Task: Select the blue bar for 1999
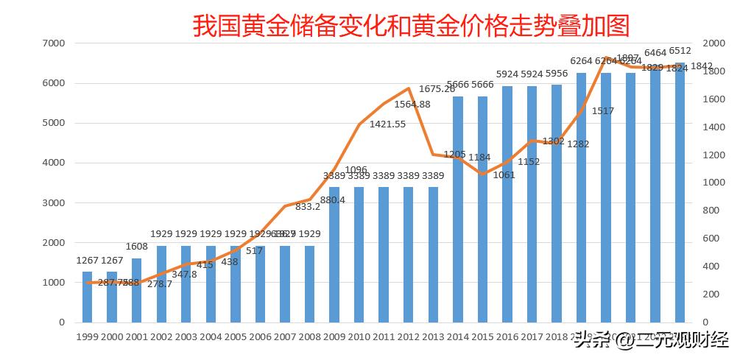click(87, 297)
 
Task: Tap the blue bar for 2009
click(334, 255)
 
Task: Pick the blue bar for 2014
click(457, 209)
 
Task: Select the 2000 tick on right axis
click(711, 43)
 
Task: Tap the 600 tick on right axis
click(708, 239)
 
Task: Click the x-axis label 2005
click(235, 336)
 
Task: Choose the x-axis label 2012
click(408, 336)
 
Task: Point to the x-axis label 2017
click(532, 336)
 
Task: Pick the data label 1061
click(504, 174)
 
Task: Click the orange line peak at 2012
click(408, 88)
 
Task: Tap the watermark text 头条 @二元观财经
click(651, 341)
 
